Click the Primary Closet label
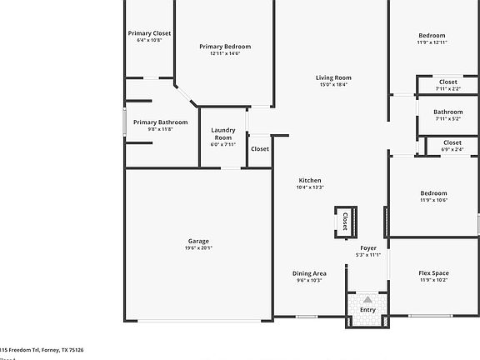[149, 33]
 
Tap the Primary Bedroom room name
[225, 47]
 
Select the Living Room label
[333, 77]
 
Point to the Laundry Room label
[223, 133]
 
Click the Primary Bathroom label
[160, 122]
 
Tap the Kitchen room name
[310, 181]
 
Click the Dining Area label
[309, 273]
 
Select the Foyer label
[368, 248]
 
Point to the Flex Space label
[433, 273]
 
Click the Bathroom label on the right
[447, 112]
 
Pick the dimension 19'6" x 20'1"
[198, 248]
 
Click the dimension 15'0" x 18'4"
[333, 84]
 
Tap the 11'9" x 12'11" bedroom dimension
[433, 42]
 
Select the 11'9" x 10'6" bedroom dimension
[433, 200]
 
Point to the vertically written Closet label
[345, 222]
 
